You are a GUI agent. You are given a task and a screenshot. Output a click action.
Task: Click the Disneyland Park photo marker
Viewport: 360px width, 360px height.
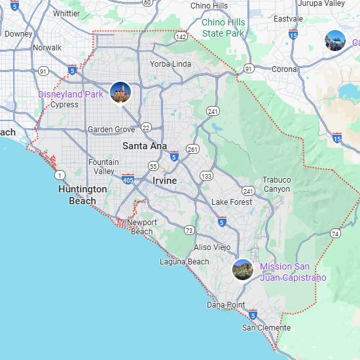point(120,92)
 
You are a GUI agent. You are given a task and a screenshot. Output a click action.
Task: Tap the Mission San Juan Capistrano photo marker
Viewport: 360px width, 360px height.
point(243,270)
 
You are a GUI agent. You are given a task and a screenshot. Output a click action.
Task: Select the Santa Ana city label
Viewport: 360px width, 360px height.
point(145,146)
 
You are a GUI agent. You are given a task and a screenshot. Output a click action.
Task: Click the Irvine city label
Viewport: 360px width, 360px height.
point(165,181)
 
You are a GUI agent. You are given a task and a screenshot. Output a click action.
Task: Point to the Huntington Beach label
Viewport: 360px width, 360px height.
point(82,194)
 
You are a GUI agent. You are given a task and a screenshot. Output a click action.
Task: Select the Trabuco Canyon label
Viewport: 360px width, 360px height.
point(276,184)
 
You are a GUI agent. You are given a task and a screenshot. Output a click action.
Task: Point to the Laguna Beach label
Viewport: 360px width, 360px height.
point(185,262)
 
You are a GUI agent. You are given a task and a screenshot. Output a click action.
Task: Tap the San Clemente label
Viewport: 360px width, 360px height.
point(266,327)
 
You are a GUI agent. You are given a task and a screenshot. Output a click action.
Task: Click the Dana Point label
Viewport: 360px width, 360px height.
point(226,305)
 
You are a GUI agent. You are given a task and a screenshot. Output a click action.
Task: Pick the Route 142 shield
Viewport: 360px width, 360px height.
point(181,37)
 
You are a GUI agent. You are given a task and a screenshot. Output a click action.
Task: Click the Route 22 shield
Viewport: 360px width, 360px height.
point(146,128)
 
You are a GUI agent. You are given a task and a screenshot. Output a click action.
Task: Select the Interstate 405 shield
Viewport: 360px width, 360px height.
point(128,178)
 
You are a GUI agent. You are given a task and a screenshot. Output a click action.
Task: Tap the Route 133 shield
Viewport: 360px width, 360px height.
point(207,176)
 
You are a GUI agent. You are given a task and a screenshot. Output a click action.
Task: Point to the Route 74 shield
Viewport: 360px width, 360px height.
point(336,233)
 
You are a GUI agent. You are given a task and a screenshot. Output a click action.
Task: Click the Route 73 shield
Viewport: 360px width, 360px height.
point(189,230)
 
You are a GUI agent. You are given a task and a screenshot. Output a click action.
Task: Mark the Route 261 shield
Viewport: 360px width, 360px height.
point(192,149)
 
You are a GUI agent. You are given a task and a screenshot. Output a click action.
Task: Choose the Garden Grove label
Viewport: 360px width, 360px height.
point(111,130)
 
